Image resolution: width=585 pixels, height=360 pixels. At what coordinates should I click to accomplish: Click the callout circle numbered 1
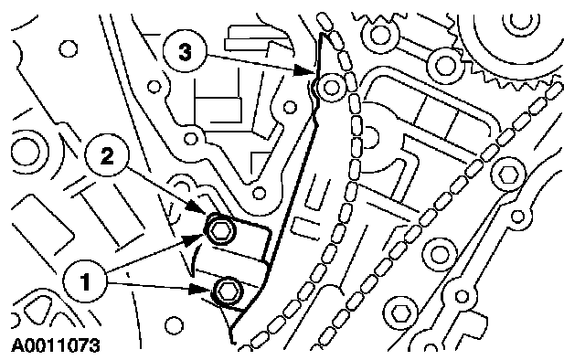pyautogui.click(x=85, y=281)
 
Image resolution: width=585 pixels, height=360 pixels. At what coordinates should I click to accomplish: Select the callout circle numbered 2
pyautogui.click(x=107, y=155)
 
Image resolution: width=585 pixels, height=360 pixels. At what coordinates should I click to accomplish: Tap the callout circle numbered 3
pyautogui.click(x=185, y=51)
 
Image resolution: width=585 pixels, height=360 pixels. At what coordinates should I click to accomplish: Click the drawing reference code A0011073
pyautogui.click(x=56, y=345)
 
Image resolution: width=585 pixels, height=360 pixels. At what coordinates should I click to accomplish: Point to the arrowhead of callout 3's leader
pyautogui.click(x=305, y=69)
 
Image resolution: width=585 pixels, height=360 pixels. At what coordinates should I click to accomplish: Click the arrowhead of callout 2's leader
pyautogui.click(x=197, y=207)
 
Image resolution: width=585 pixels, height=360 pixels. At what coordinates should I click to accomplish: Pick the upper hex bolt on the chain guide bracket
pyautogui.click(x=219, y=230)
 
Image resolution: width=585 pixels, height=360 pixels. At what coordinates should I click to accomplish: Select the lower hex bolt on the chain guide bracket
pyautogui.click(x=228, y=291)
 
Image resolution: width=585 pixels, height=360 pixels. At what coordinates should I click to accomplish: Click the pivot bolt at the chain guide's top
pyautogui.click(x=331, y=88)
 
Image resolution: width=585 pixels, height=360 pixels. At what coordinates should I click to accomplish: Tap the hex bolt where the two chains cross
pyautogui.click(x=509, y=174)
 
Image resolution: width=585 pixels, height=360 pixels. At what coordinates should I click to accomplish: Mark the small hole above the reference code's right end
pyautogui.click(x=174, y=325)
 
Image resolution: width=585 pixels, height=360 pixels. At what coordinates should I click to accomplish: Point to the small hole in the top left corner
pyautogui.click(x=69, y=48)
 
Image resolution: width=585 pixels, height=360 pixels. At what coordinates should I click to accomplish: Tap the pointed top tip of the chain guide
pyautogui.click(x=322, y=35)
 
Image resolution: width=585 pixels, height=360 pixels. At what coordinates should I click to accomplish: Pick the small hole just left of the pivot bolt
pyautogui.click(x=290, y=108)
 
